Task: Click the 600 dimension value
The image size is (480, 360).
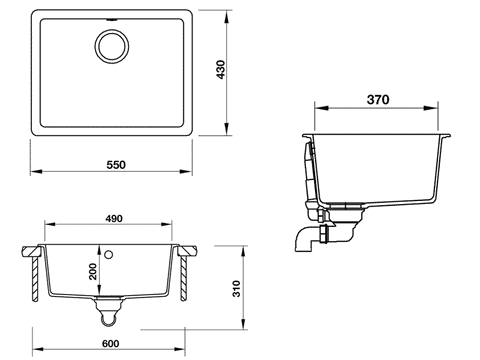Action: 111,342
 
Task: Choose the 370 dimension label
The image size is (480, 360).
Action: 377,101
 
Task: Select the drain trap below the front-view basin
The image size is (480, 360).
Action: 111,315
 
